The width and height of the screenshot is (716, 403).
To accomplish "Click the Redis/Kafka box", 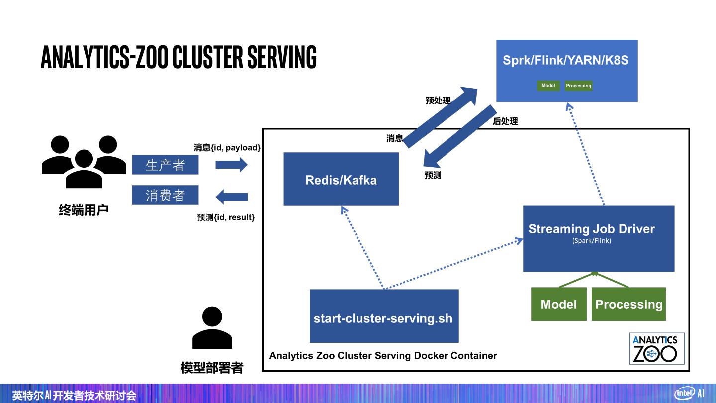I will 341,179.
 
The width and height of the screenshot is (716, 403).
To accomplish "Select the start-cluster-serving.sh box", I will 384,316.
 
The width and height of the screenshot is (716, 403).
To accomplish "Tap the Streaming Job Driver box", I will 599,238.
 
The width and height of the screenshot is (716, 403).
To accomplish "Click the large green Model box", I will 559,304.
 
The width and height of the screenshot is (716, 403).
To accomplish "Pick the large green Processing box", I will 629,304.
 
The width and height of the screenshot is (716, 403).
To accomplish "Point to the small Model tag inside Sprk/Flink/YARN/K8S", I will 548,86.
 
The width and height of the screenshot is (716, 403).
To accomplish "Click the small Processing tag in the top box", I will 579,86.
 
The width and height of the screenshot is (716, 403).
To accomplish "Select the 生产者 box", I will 165,165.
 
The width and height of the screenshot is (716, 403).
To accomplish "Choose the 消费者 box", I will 165,195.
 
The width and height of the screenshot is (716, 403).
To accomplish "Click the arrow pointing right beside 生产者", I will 231,165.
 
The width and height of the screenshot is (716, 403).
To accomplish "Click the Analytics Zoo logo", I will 656,348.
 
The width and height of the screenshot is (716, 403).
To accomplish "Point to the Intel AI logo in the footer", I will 689,393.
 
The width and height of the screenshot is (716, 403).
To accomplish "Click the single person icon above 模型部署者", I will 212,328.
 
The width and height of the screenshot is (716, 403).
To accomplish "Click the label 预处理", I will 438,101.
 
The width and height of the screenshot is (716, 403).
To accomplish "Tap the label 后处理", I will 505,121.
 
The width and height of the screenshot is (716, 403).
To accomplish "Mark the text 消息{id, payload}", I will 227,148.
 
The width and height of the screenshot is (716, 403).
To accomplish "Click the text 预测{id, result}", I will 226,217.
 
